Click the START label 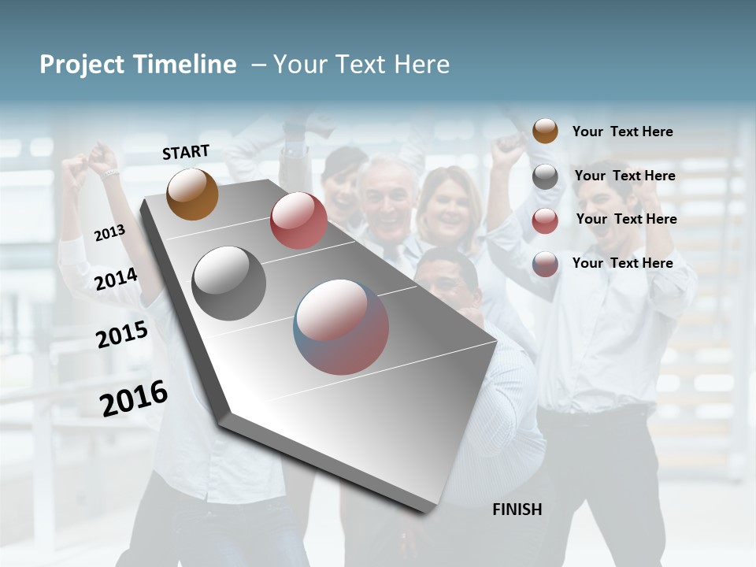186,152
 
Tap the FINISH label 517,510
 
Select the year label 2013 109,233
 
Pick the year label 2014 116,279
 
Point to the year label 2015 122,335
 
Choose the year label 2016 134,398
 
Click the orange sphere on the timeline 192,194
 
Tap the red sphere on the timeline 298,220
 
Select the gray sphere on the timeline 228,283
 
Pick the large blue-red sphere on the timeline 341,327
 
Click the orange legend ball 545,131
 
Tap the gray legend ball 545,176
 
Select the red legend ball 545,220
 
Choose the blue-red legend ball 545,264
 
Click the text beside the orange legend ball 622,132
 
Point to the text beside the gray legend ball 624,176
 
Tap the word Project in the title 82,65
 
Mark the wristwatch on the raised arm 109,173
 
